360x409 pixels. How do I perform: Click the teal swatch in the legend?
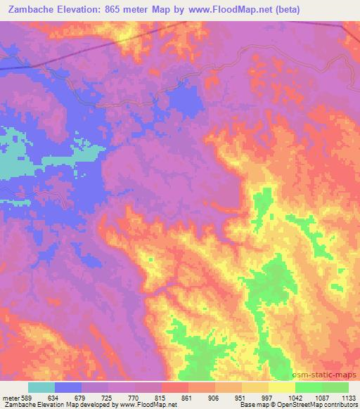41,387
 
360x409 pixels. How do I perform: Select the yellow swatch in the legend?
281,387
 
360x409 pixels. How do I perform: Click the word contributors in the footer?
338,405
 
